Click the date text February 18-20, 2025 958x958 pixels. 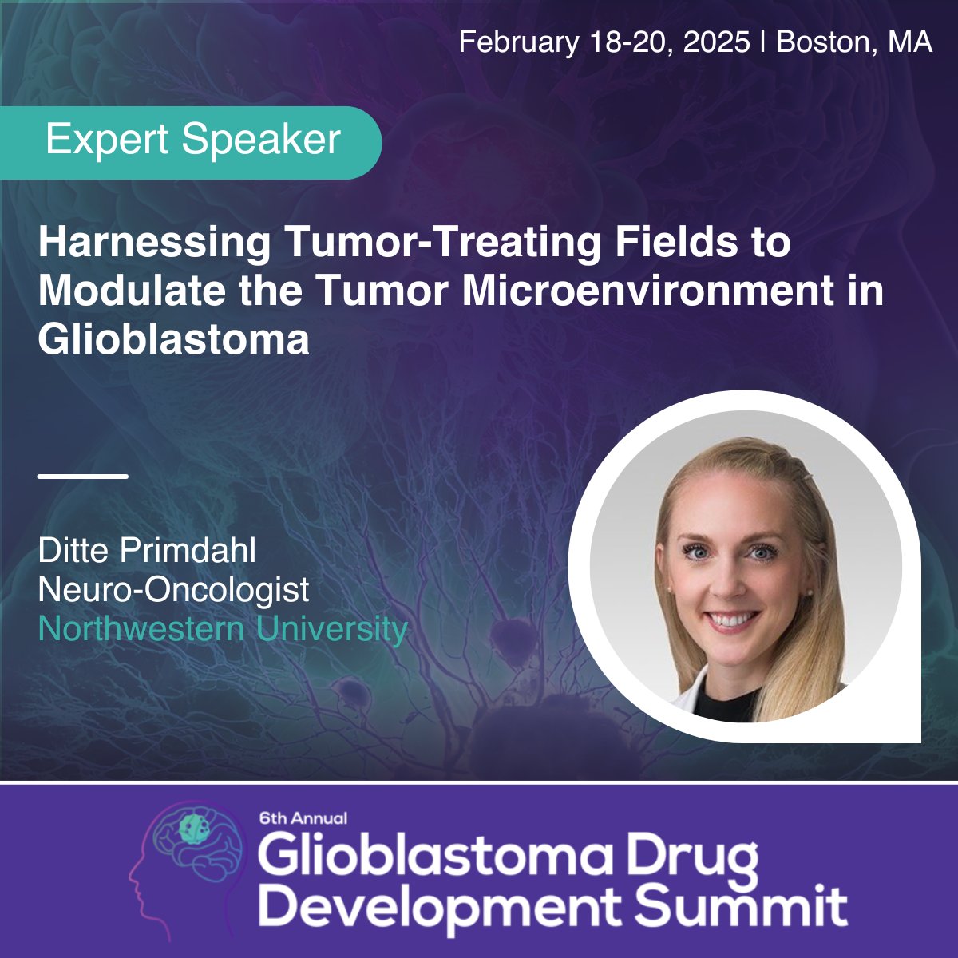[x=604, y=42]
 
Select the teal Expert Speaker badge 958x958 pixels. [x=192, y=141]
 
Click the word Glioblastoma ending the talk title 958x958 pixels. [x=173, y=339]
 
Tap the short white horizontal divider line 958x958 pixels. [x=83, y=477]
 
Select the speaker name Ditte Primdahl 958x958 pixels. [x=147, y=551]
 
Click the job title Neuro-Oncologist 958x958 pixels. [x=173, y=590]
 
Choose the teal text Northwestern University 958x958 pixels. [x=223, y=629]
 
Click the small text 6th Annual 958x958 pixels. [x=303, y=818]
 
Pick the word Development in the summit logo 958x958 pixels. [x=441, y=906]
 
